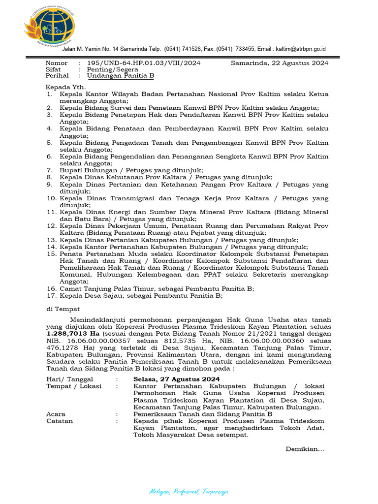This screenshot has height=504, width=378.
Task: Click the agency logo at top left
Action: pyautogui.click(x=49, y=26)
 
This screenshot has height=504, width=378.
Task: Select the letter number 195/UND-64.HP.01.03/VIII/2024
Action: pyautogui.click(x=144, y=63)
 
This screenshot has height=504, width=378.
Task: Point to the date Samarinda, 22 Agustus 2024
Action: pyautogui.click(x=280, y=63)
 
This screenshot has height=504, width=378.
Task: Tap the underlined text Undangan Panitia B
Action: pyautogui.click(x=121, y=76)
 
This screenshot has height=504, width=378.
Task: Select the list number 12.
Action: pyautogui.click(x=52, y=225)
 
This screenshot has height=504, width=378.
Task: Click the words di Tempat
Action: pyautogui.click(x=60, y=309)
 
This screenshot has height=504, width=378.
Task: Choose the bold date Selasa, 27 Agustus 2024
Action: pyautogui.click(x=176, y=379)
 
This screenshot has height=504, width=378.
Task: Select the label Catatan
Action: pyautogui.click(x=60, y=421)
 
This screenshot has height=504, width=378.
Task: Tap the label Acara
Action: pyautogui.click(x=56, y=414)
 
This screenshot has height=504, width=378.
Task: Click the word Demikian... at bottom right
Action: pyautogui.click(x=305, y=448)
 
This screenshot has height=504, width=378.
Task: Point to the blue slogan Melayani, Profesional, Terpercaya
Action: pyautogui.click(x=189, y=492)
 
